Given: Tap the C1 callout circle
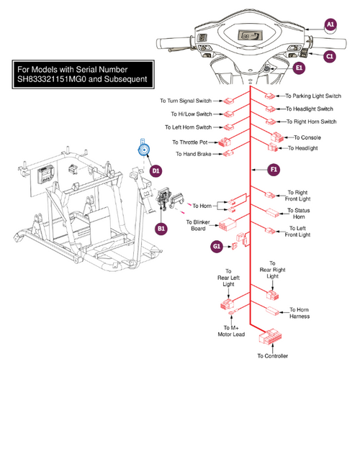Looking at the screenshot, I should coord(330,55).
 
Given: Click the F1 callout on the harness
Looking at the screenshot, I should coord(273,170).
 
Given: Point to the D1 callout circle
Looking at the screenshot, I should coord(156,170).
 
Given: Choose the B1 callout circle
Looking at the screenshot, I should coord(162,229).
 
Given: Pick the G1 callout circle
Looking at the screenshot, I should coord(217,247).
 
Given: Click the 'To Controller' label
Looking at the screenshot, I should coord(272,356).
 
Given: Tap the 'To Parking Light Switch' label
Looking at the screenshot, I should coord(313,96).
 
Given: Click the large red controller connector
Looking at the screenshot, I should coord(272,337).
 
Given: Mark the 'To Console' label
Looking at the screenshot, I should coord(307,137).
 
